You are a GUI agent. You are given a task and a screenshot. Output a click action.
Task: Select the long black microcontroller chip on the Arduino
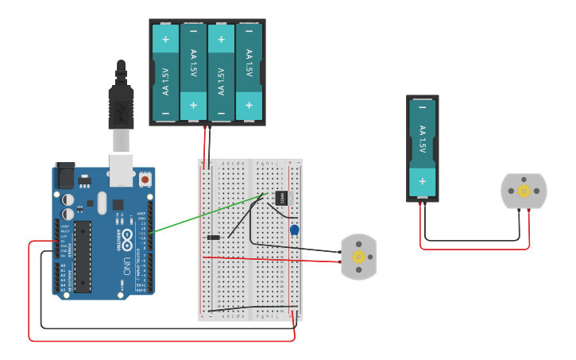[x=83, y=256]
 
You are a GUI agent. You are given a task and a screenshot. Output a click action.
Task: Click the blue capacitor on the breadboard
[x=294, y=230]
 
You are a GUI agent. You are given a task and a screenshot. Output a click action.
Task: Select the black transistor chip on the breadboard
[x=281, y=197]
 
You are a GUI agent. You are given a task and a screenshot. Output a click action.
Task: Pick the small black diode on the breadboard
[x=213, y=238]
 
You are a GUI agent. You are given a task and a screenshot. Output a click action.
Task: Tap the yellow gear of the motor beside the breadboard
[x=358, y=257]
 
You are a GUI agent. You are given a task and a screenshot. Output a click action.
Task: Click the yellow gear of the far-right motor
[x=524, y=191]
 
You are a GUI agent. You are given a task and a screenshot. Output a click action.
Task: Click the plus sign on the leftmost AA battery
[x=165, y=39]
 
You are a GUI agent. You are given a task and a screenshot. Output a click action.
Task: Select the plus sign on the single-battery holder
[x=422, y=180]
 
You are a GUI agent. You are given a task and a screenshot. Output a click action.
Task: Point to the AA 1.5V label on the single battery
[x=422, y=140]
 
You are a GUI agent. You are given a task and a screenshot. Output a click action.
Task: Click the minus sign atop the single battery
[x=422, y=106]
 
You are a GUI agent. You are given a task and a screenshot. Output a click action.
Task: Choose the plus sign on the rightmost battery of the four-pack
[x=249, y=104]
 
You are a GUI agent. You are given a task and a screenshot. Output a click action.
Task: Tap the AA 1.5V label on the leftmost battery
[x=165, y=81]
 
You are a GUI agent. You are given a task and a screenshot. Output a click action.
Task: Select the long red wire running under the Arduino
[x=159, y=341]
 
